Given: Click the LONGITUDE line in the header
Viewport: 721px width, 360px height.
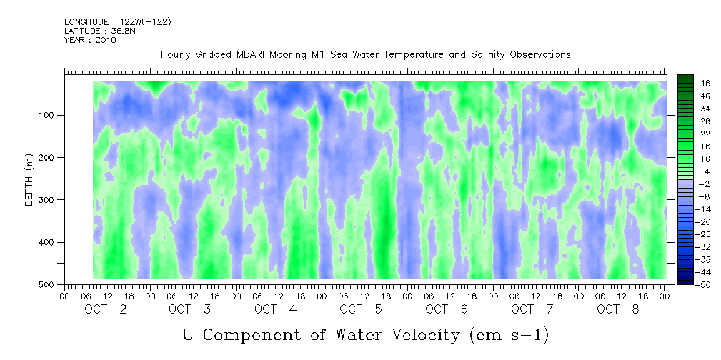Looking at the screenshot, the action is pyautogui.click(x=118, y=21).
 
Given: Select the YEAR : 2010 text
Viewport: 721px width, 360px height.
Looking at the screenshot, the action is pyautogui.click(x=90, y=40).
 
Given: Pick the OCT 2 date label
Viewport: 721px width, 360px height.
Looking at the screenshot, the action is pyautogui.click(x=106, y=309).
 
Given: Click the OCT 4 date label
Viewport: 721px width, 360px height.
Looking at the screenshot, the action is pyautogui.click(x=276, y=309).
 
